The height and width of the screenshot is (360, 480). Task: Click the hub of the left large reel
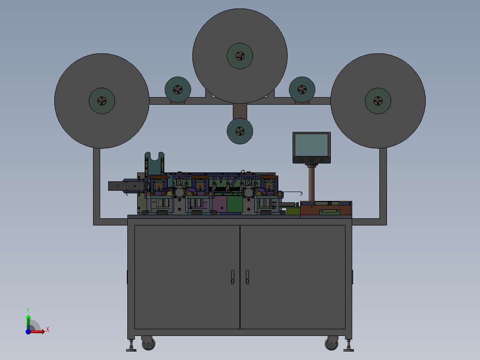[x=102, y=101]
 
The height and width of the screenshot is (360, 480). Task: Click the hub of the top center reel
[x=240, y=56]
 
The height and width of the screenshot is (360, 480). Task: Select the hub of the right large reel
[x=378, y=101]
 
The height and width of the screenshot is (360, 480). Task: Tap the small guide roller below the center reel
[x=240, y=131]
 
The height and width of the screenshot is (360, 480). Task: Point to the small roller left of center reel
[x=178, y=90]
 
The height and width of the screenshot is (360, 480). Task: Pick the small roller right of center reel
[x=302, y=90]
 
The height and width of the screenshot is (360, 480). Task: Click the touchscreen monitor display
[x=311, y=145]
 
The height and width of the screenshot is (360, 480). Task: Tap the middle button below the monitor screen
[x=311, y=160]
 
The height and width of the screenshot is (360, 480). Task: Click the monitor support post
[x=312, y=183]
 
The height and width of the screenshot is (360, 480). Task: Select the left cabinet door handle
[x=232, y=277]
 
